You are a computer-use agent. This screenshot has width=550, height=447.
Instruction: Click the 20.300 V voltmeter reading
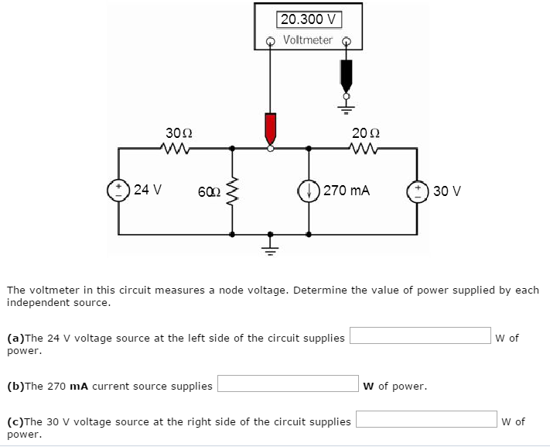coord(308,19)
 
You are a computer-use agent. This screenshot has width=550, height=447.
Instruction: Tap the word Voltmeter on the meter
coord(308,40)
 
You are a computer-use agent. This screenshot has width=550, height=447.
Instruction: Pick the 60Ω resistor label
coord(207,191)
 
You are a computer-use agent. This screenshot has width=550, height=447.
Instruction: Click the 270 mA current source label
coord(346,189)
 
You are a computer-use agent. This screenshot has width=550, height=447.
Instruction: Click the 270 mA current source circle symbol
coord(309,190)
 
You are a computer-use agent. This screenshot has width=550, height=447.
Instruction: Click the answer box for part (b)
coord(287,384)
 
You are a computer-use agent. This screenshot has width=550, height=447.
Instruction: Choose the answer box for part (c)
coord(426,419)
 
